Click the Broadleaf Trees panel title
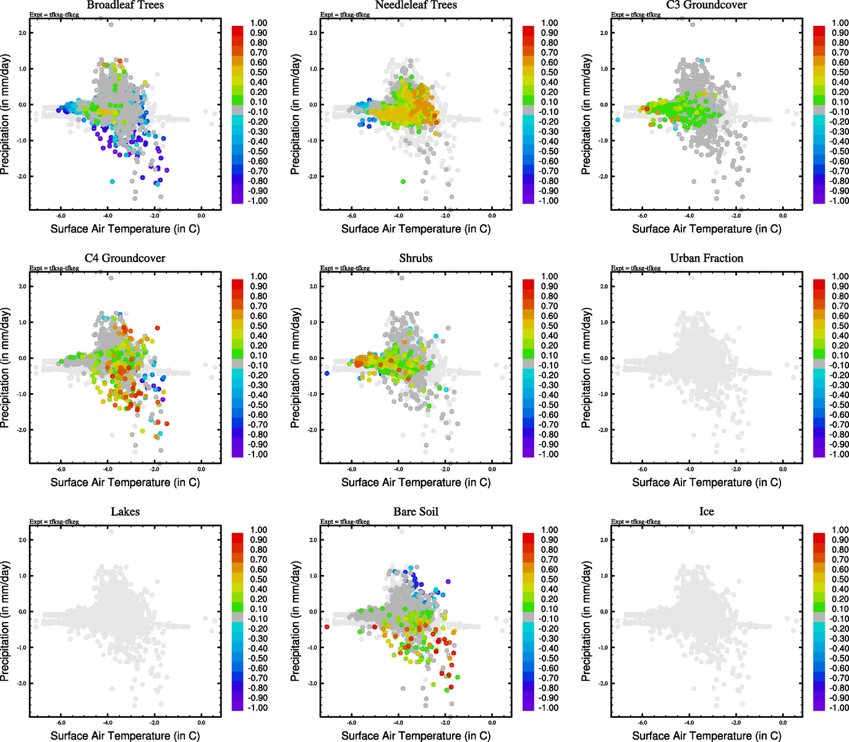pyautogui.click(x=125, y=5)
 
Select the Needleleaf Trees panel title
pyautogui.click(x=416, y=5)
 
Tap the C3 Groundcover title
pyautogui.click(x=706, y=5)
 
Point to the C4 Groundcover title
pyautogui.click(x=125, y=258)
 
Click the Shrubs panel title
pyautogui.click(x=416, y=258)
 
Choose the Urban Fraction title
pyautogui.click(x=706, y=258)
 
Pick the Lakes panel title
pyautogui.click(x=125, y=512)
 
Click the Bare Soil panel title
pyautogui.click(x=416, y=512)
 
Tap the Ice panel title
pyautogui.click(x=706, y=512)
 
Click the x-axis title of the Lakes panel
pyautogui.click(x=125, y=736)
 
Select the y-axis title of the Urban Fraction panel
pyautogui.click(x=586, y=368)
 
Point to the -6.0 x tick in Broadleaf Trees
pyautogui.click(x=61, y=216)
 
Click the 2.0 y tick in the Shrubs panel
pyautogui.click(x=314, y=287)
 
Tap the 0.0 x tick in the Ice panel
pyautogui.click(x=783, y=723)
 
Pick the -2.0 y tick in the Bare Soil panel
pyautogui.click(x=312, y=684)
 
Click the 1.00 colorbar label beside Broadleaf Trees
pyautogui.click(x=258, y=23)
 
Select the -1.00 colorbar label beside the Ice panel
pyautogui.click(x=839, y=708)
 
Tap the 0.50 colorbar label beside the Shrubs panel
pyautogui.click(x=549, y=326)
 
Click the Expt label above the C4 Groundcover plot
pyautogui.click(x=54, y=268)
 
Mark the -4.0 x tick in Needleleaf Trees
pyautogui.click(x=398, y=216)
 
